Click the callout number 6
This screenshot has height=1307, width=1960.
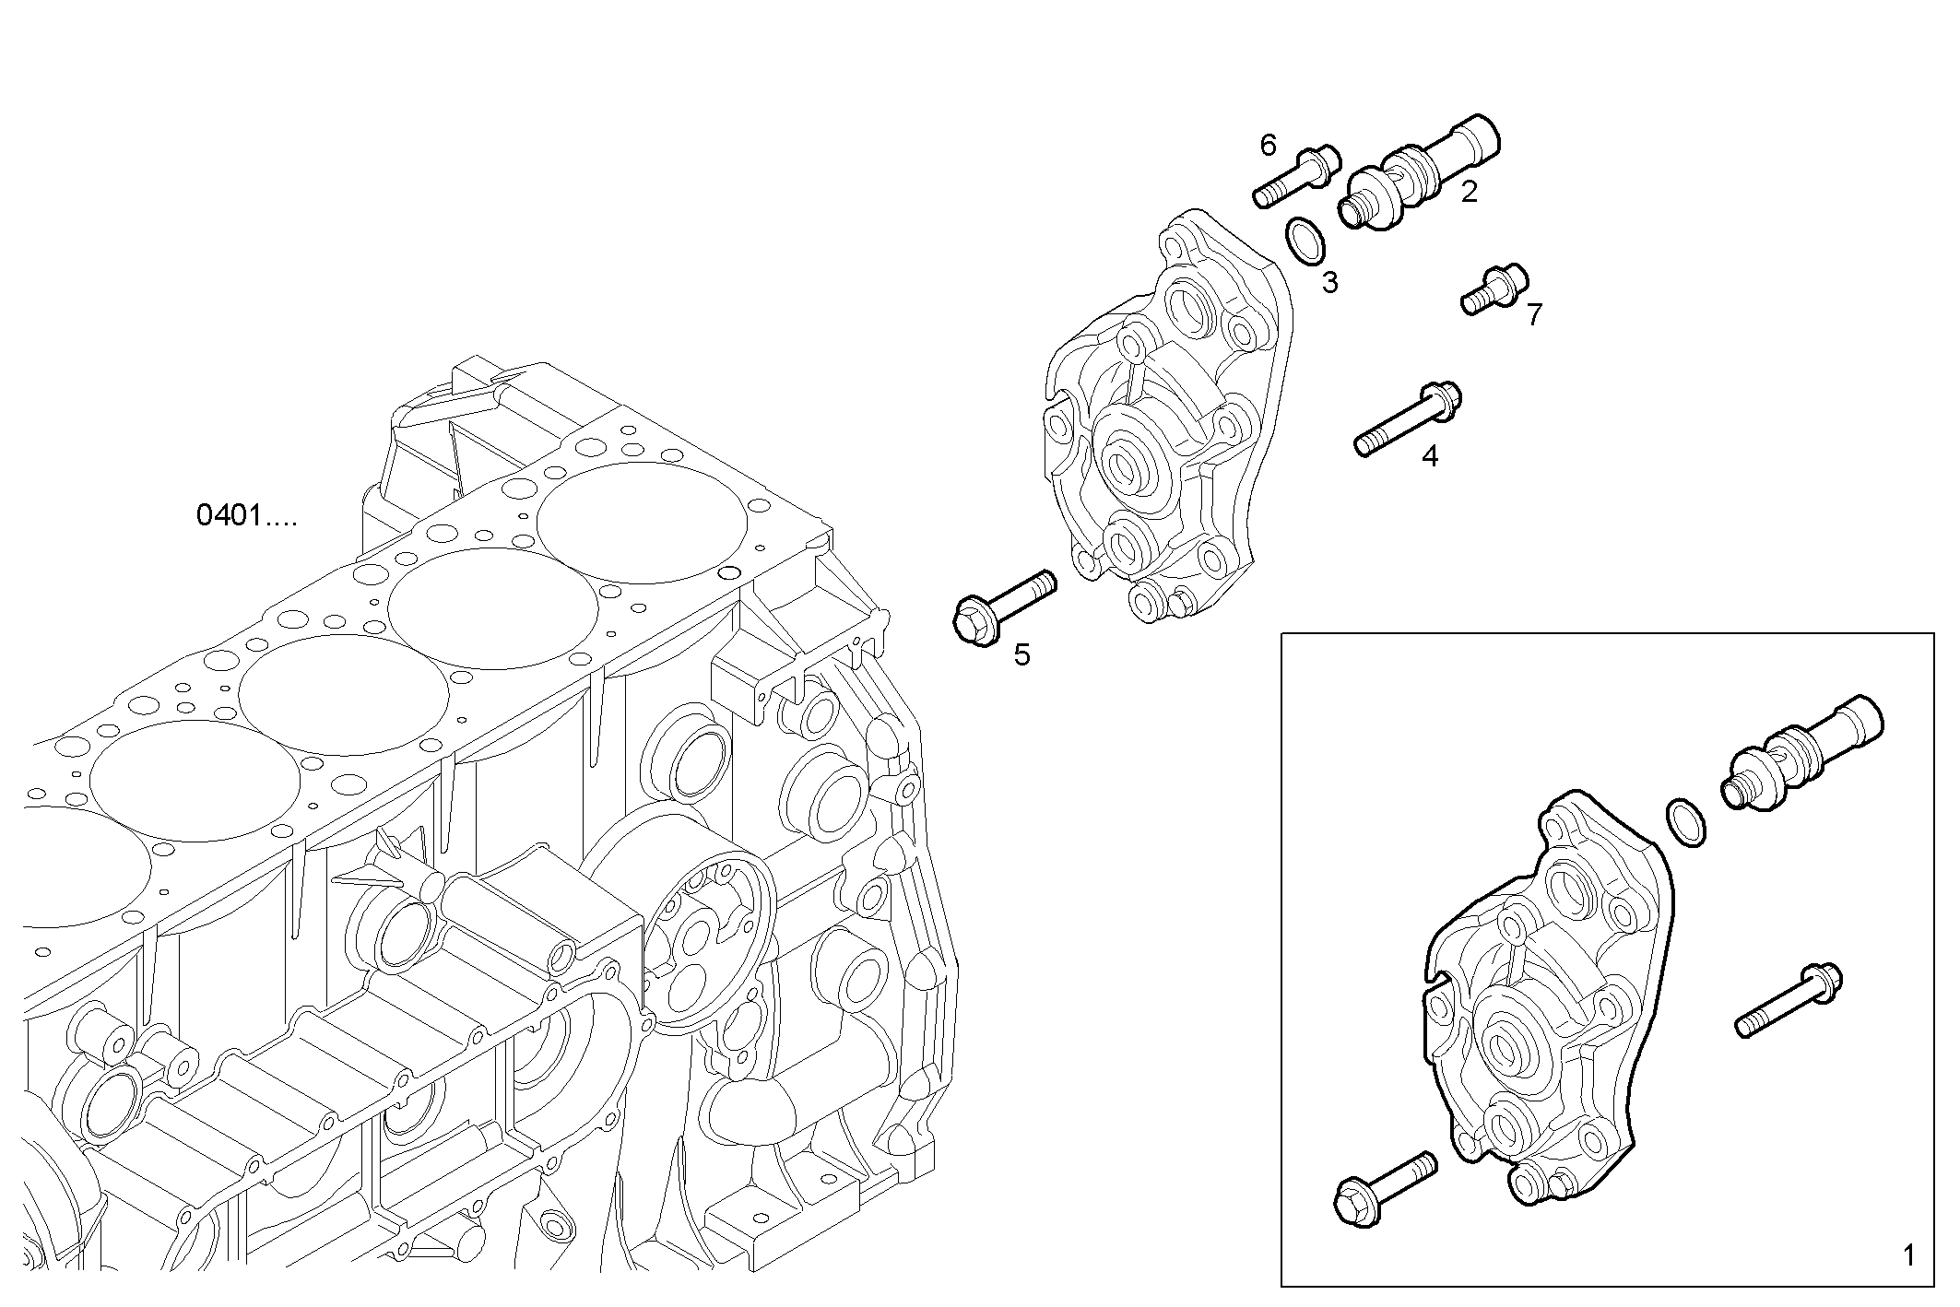[1268, 146]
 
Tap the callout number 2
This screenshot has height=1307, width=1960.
[1469, 193]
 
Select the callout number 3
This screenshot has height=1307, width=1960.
[1328, 283]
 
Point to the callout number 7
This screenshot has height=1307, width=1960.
[1533, 315]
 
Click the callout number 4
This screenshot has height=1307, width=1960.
[1429, 455]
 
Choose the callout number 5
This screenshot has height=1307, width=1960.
[1021, 655]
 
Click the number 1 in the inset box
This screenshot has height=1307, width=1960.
[1908, 1255]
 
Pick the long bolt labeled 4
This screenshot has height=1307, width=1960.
[1407, 419]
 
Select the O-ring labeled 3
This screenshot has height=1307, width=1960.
[1305, 240]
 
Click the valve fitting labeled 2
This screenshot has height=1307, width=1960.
[1420, 175]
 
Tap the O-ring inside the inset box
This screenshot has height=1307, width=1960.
[1685, 822]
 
